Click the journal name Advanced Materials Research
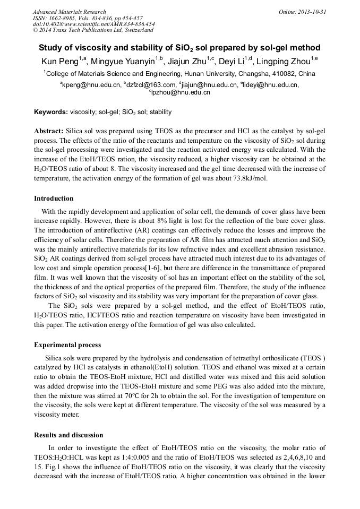point(70,12)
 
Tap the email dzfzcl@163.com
point(150,85)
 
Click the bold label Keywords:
point(51,112)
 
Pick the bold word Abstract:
point(49,131)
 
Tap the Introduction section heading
point(54,199)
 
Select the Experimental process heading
point(68,344)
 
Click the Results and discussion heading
point(68,435)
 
